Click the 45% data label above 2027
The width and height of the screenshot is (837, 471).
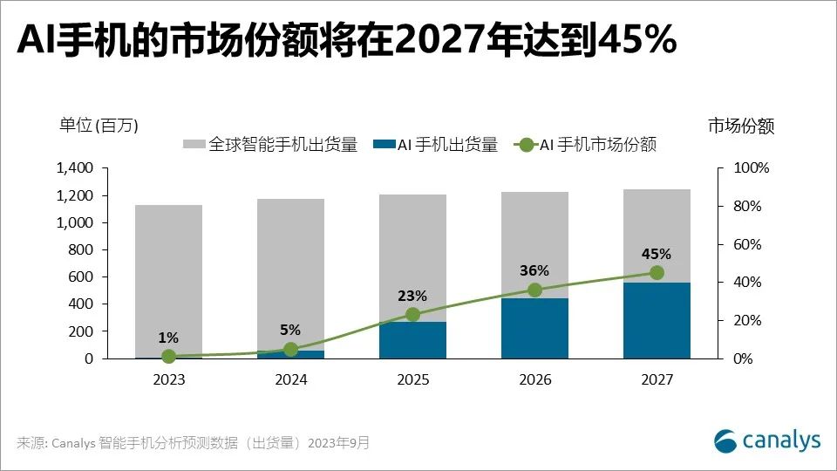tap(657, 254)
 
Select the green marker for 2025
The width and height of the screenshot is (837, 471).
tap(412, 314)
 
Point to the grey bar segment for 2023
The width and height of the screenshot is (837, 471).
tap(168, 279)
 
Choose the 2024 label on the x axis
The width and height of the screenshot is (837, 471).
tap(290, 380)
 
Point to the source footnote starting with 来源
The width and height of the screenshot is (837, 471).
tap(193, 443)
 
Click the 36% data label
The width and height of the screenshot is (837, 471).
tap(534, 270)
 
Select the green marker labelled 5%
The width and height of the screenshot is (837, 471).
tap(290, 349)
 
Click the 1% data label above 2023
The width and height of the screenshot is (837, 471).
tap(168, 338)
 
